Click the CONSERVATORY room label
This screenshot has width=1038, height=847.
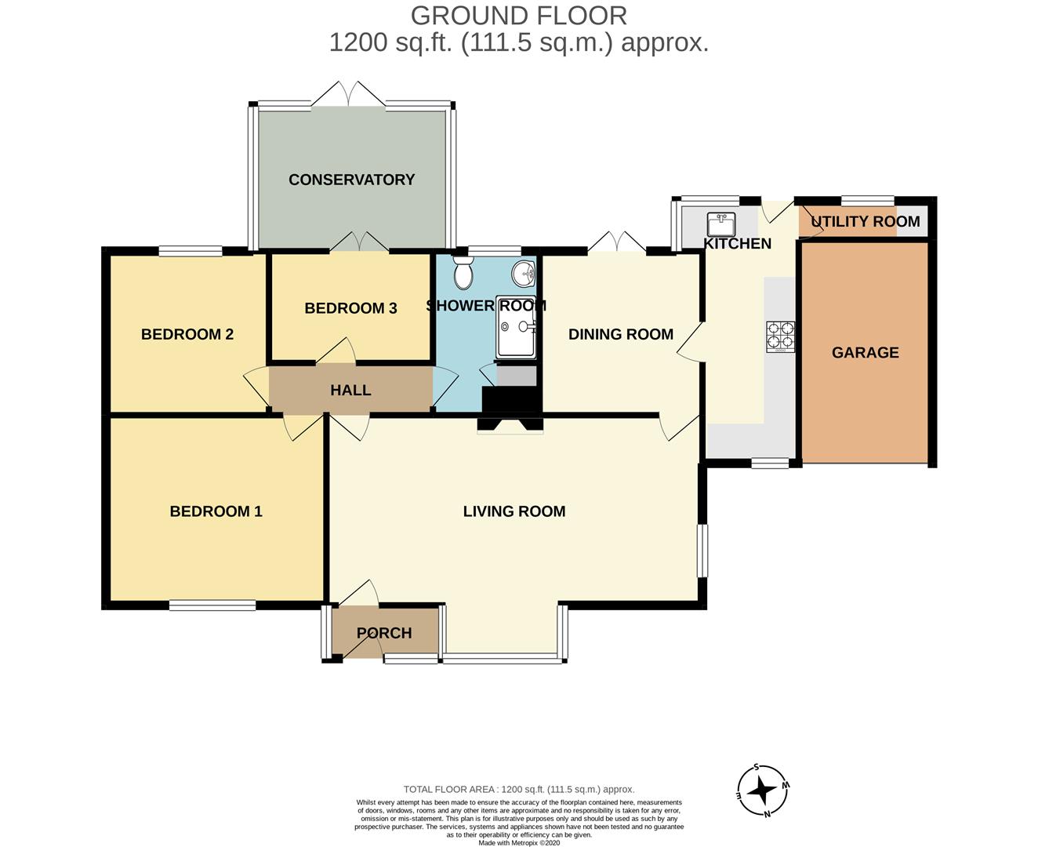351,180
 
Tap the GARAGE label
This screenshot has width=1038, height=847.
866,353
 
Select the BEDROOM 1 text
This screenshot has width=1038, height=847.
216,511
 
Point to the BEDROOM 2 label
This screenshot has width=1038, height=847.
187,334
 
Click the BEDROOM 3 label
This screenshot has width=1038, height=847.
350,308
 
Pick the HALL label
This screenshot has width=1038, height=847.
350,391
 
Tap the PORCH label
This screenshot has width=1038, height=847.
384,633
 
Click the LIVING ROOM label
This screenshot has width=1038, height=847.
514,511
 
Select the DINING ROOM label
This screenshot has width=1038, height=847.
621,334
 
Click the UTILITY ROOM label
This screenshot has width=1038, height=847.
866,222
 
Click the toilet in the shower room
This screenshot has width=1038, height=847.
463,272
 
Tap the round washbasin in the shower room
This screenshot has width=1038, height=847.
523,274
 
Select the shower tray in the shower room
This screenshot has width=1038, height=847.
516,327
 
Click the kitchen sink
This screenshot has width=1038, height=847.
721,224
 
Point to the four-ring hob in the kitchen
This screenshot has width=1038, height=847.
780,336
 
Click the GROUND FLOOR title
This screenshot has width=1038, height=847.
519,16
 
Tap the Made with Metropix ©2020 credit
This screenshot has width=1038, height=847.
519,842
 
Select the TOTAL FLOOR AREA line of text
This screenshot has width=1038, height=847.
519,790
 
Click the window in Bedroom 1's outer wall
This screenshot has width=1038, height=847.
212,605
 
